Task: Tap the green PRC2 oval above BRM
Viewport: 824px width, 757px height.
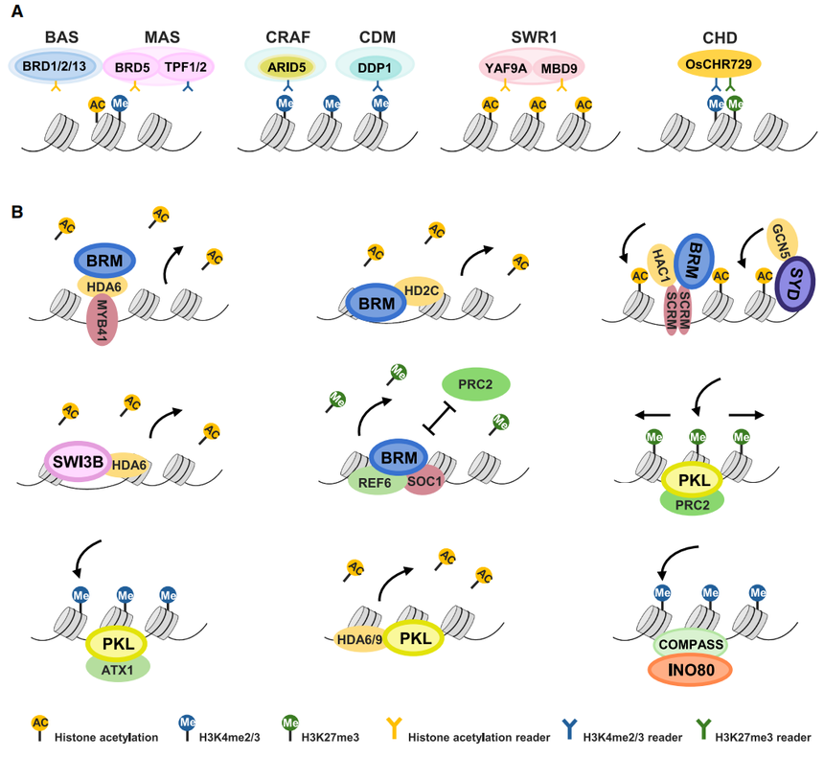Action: [x=475, y=385]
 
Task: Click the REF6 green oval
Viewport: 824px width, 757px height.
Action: [x=370, y=473]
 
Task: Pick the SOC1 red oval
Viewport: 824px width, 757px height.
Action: [x=423, y=476]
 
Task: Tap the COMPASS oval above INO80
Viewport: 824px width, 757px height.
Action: [x=689, y=644]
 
